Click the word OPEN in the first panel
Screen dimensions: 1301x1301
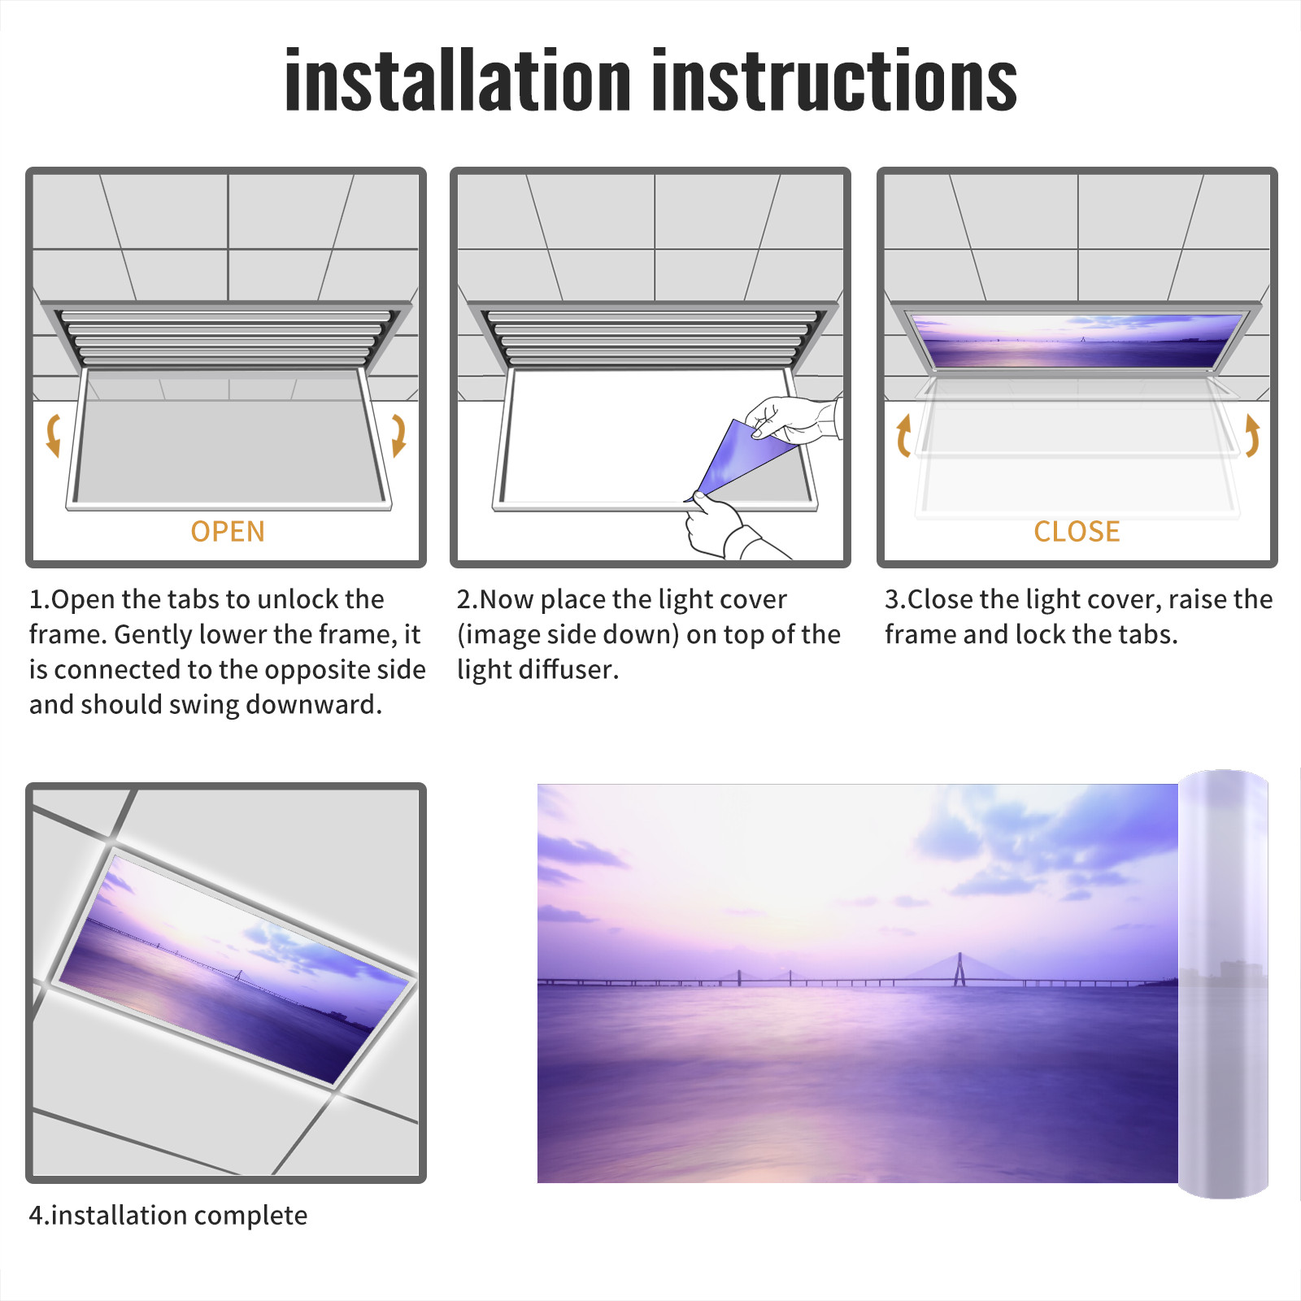coord(228,531)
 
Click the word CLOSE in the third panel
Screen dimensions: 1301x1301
coord(1077,531)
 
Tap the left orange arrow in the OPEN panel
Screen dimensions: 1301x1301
coord(53,435)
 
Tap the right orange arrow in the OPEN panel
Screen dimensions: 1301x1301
coord(398,435)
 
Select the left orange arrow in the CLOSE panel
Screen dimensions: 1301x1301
coord(903,435)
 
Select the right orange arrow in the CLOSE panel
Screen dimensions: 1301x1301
coord(1252,435)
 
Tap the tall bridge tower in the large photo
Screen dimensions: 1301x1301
coord(959,969)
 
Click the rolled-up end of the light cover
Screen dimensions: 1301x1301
coord(1223,984)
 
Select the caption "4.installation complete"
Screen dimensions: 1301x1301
coord(168,1216)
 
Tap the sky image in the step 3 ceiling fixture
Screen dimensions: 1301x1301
coord(1077,341)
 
